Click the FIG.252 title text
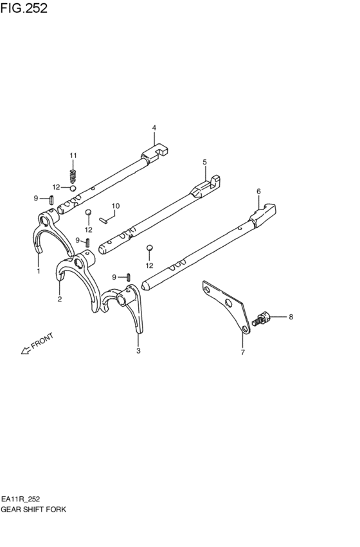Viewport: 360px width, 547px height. click(24, 8)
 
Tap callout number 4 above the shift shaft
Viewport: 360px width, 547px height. click(154, 128)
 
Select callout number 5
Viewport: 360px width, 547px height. click(205, 162)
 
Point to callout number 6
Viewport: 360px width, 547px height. click(258, 191)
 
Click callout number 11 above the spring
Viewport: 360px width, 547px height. click(73, 156)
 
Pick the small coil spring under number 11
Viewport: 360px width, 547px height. click(73, 176)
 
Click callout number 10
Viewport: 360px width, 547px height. click(116, 206)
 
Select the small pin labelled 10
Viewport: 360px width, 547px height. click(103, 220)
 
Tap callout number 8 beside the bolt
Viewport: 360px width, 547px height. click(291, 317)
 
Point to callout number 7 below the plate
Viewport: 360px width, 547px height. click(243, 352)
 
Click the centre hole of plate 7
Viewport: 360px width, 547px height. click(230, 303)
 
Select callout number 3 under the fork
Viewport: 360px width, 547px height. click(138, 350)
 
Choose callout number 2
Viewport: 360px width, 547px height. click(60, 299)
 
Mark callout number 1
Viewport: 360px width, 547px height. click(39, 271)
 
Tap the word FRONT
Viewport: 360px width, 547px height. click(42, 341)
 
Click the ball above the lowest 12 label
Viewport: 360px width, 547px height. click(149, 247)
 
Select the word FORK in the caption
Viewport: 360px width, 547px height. click(56, 509)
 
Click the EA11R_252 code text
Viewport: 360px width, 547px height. click(20, 499)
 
